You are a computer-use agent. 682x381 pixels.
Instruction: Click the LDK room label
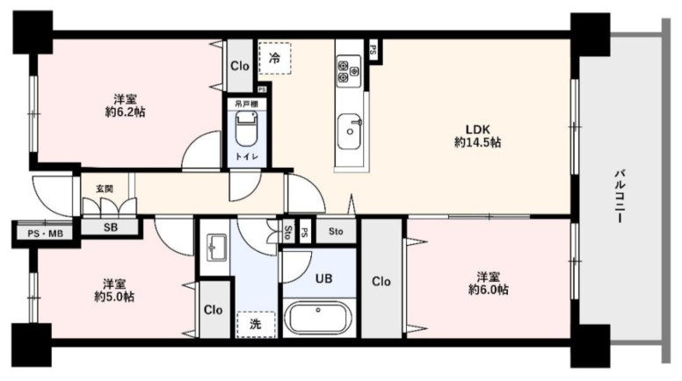(477, 129)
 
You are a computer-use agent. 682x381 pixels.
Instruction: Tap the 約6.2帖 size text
(126, 112)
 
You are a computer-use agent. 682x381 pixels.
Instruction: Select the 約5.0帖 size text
(114, 297)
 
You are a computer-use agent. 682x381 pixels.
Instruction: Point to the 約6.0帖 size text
(488, 290)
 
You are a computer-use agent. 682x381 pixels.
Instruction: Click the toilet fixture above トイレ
(247, 128)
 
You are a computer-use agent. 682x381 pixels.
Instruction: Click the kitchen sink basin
(349, 131)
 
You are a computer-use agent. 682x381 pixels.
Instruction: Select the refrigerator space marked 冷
(274, 58)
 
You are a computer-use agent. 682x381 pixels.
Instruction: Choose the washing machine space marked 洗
(256, 324)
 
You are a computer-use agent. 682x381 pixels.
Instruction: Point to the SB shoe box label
(111, 227)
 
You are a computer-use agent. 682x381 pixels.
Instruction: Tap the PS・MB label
(45, 234)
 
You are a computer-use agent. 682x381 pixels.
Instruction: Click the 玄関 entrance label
(105, 189)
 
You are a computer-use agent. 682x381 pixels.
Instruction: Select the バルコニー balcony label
(620, 197)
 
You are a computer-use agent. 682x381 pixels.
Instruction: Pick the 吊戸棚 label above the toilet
(247, 104)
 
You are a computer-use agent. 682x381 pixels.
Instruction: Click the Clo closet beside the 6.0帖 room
(381, 282)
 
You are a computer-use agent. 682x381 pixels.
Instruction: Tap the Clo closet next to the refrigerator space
(240, 66)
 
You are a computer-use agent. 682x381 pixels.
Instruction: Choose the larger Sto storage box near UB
(336, 232)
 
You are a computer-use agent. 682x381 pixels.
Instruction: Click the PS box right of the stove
(373, 49)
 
